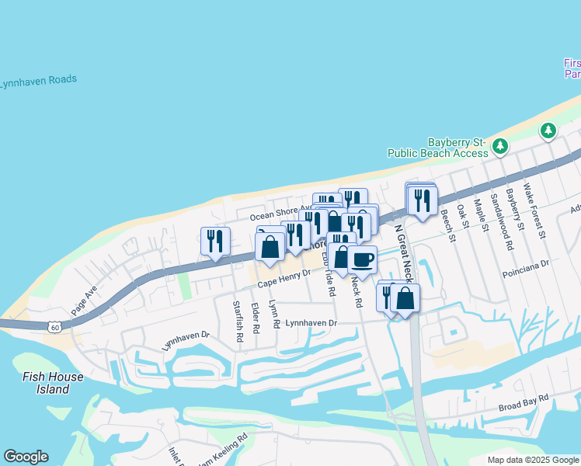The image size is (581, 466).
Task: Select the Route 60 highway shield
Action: (54, 328)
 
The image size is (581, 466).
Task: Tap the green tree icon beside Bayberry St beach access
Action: (501, 145)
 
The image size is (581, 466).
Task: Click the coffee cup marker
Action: (362, 259)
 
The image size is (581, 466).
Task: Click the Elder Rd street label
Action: (256, 318)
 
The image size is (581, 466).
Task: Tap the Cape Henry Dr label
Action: (284, 279)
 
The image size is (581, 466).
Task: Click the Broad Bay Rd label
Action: (524, 402)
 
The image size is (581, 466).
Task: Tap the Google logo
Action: (26, 457)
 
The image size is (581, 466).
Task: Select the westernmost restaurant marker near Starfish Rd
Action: (215, 241)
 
